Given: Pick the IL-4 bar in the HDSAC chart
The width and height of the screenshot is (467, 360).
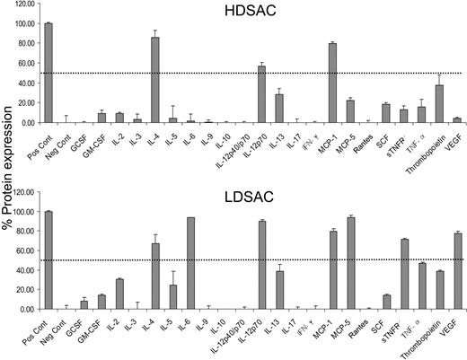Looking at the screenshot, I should [155, 80].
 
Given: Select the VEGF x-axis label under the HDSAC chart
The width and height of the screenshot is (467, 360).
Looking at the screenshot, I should [454, 137].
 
